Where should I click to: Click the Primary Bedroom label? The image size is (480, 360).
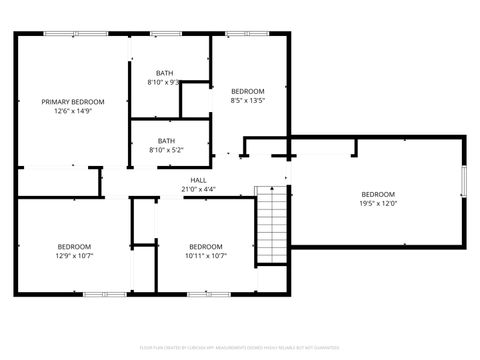[72, 102]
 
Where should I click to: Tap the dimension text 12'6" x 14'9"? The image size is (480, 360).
[72, 112]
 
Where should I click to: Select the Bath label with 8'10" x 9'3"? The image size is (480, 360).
[165, 73]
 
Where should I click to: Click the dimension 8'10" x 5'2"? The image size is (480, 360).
[165, 150]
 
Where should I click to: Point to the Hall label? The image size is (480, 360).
[198, 180]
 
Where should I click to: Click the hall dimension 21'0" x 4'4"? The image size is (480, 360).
[198, 189]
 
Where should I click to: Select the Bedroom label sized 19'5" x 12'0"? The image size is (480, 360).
[377, 194]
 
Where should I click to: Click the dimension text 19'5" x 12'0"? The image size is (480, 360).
[377, 204]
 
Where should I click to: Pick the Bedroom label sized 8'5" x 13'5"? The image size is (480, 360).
[247, 91]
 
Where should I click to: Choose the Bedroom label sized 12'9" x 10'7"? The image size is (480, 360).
[73, 246]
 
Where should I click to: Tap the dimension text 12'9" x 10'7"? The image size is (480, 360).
[73, 256]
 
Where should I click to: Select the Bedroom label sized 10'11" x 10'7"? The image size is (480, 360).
[206, 246]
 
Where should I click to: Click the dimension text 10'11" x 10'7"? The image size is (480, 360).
[206, 256]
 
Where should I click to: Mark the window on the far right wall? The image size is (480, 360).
[463, 184]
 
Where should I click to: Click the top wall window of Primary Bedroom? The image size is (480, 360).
[75, 34]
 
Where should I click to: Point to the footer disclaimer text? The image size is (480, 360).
[239, 349]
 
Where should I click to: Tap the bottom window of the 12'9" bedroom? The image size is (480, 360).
[97, 294]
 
